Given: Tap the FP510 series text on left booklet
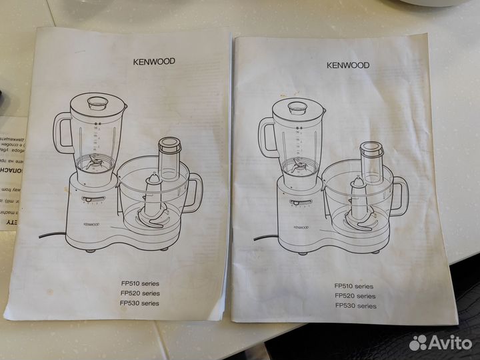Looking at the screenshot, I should tap(140, 283).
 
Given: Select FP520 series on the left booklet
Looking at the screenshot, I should tap(140, 293).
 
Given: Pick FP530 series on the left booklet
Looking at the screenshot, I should tap(140, 303).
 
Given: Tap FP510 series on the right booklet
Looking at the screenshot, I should tap(355, 286).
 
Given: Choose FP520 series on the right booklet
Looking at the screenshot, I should tap(355, 296).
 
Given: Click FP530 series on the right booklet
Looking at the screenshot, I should tap(355, 306).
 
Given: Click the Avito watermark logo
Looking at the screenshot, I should tap(441, 343).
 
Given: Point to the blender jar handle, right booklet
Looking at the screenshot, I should tap(267, 137).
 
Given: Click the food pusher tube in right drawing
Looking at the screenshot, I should tap(371, 162).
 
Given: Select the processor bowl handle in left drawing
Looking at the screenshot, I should tap(194, 192).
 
